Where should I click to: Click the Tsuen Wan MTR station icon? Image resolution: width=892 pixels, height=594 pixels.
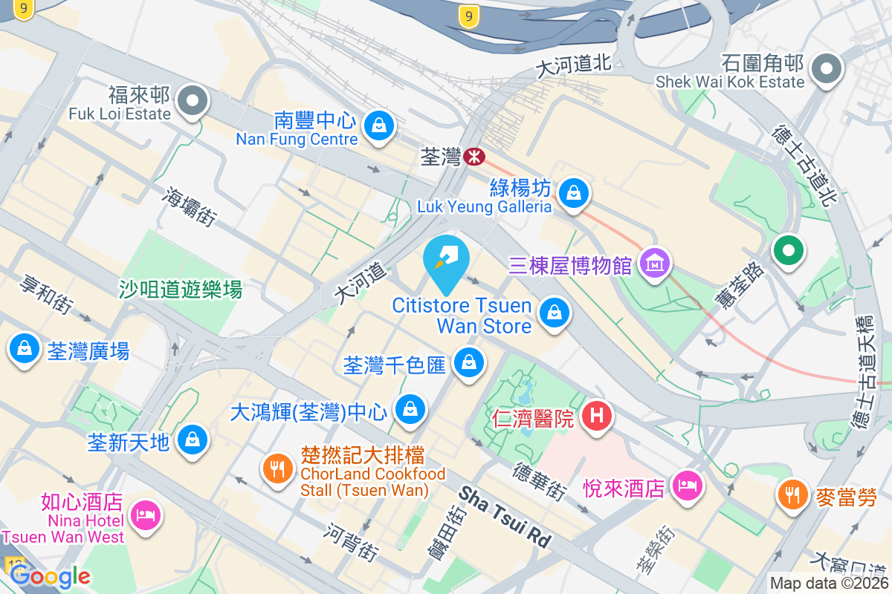tap(474, 157)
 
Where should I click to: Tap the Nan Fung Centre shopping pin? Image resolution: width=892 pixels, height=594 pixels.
tap(379, 124)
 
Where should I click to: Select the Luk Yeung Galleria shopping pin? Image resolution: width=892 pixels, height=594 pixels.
tap(574, 193)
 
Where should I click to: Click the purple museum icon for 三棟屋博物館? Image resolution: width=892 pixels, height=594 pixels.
tap(655, 264)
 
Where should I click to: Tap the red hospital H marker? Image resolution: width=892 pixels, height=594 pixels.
tap(596, 416)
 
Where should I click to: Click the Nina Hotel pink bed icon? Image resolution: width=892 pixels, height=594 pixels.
tap(143, 514)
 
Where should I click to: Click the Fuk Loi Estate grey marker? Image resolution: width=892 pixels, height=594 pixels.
tap(194, 101)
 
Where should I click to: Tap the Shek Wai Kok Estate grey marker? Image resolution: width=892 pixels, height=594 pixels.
tap(826, 70)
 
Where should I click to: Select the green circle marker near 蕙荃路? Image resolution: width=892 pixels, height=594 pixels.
tap(789, 249)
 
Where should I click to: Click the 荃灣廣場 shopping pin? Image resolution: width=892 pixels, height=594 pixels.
tap(25, 348)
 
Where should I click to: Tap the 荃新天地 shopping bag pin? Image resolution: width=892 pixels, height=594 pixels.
tap(193, 440)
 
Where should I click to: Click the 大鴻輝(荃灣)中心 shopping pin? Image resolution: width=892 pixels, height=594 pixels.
tap(409, 408)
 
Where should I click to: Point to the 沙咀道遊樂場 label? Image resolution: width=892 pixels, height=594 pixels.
tap(181, 289)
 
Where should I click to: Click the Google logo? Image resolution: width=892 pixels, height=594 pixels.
tap(50, 575)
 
